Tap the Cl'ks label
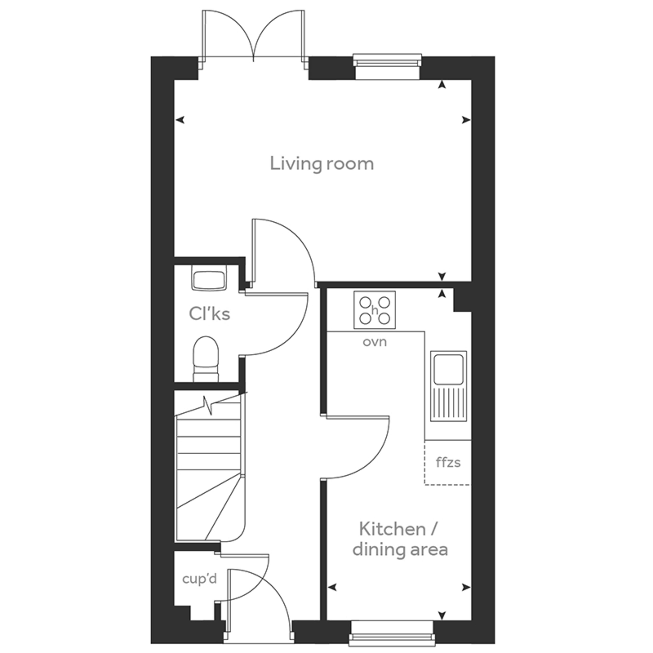(210, 314)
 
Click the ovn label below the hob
(374, 342)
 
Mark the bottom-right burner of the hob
(384, 318)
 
